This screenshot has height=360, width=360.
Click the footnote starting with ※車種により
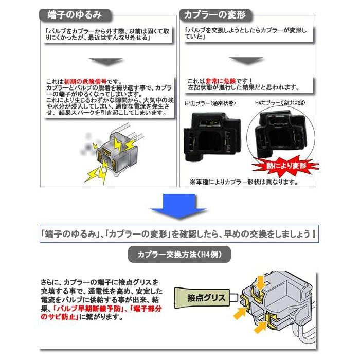(x=244, y=182)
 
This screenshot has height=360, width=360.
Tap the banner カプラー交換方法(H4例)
(x=180, y=255)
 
